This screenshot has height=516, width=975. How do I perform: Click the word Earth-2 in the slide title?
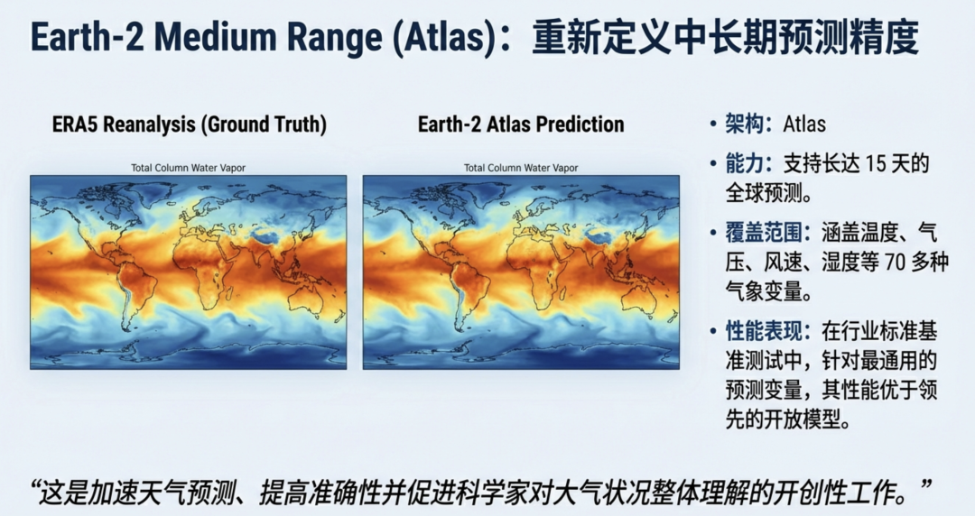click(87, 37)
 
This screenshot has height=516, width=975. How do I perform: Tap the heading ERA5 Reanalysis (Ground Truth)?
click(189, 124)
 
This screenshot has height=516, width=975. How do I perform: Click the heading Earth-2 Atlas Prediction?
click(521, 124)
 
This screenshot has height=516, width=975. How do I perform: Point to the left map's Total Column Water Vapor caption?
click(189, 168)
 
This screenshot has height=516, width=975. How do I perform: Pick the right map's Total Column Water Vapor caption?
click(521, 168)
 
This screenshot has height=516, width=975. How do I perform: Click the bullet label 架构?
click(744, 124)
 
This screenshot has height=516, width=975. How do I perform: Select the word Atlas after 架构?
click(804, 124)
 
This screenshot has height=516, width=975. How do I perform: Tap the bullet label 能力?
click(744, 163)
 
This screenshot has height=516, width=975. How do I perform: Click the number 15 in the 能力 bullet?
click(876, 163)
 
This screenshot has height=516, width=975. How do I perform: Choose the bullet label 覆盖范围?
click(764, 233)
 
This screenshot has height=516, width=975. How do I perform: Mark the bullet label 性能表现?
click(764, 331)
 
